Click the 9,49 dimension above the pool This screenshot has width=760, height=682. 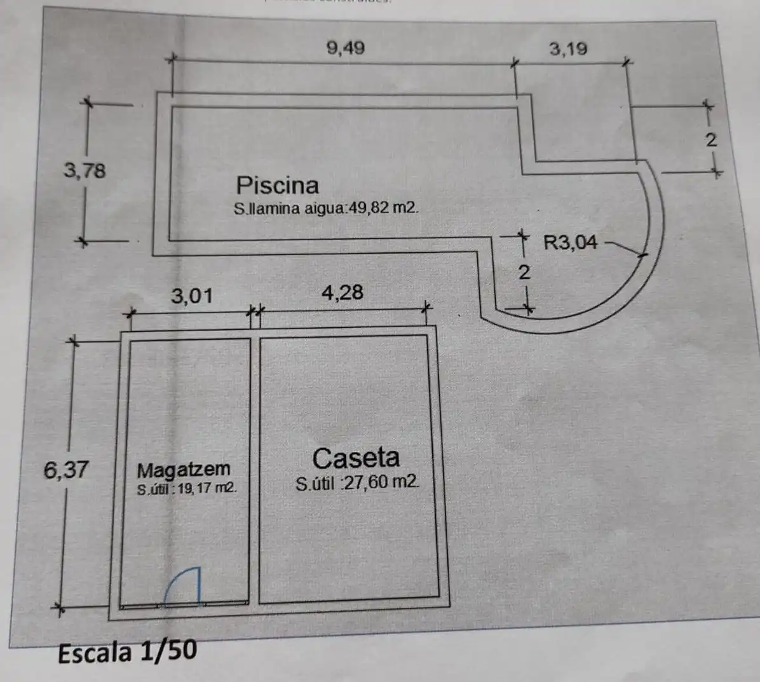[x=346, y=48]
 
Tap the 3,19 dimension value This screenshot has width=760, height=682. [x=568, y=49]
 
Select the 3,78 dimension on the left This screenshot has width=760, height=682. [x=85, y=170]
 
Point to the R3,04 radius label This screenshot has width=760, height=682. [x=571, y=242]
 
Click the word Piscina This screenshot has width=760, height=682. [x=277, y=185]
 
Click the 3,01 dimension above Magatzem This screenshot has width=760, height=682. [x=192, y=296]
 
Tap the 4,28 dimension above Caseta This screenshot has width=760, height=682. [x=343, y=293]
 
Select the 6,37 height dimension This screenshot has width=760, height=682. [x=66, y=470]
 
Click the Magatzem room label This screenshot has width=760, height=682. [x=184, y=470]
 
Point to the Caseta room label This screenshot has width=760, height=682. [x=356, y=458]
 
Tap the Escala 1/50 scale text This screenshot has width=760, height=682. [x=128, y=651]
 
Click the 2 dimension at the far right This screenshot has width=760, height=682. [x=710, y=140]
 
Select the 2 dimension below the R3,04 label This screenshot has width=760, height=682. [x=524, y=273]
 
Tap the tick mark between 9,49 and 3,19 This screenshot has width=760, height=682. [x=515, y=62]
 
